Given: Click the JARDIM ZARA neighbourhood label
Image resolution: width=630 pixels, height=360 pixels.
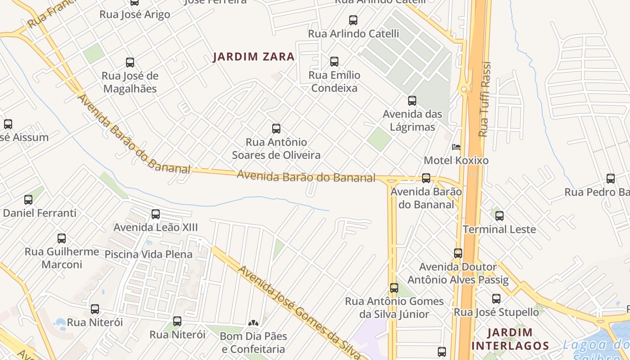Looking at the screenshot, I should click(x=254, y=57).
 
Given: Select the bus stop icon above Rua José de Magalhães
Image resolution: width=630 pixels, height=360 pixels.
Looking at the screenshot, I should click(x=130, y=63).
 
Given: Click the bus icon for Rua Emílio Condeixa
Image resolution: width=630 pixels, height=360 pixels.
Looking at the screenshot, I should click(x=334, y=62).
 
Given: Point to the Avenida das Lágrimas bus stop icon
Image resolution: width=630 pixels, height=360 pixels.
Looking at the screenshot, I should click(x=412, y=101).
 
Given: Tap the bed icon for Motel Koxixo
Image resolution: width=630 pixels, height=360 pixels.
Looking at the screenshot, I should click(x=456, y=147).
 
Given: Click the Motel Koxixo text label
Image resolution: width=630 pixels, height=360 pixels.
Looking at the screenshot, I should click(x=456, y=161).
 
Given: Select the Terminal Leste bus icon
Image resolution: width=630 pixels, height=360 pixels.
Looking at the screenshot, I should click(x=499, y=216).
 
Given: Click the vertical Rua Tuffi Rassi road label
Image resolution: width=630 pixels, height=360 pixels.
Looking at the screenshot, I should click(x=484, y=99).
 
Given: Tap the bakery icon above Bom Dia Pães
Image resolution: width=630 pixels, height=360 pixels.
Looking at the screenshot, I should click(x=253, y=323).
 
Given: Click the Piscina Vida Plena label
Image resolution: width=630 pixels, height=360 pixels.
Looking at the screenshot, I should click(x=148, y=254).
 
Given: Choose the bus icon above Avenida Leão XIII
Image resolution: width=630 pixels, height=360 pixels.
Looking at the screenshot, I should click(x=156, y=214).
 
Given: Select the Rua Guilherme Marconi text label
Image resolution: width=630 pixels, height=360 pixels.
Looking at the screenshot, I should click(x=62, y=258).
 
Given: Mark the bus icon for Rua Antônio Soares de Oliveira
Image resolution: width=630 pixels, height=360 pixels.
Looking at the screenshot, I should click(x=276, y=129).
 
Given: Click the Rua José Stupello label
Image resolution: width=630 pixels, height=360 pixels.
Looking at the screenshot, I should click(x=496, y=312).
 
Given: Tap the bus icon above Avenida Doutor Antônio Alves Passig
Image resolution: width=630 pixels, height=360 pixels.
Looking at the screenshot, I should click(x=458, y=253).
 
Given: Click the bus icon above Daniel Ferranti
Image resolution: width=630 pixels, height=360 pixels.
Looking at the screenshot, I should click(x=28, y=199).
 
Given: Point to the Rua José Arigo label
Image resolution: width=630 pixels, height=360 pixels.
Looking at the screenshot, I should click(x=135, y=14).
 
